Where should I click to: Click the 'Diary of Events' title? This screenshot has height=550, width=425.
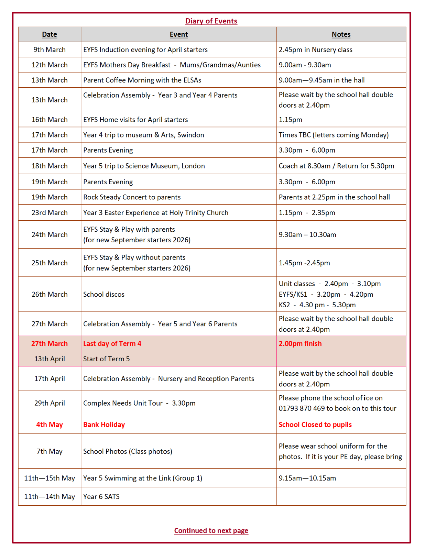(x=211, y=21)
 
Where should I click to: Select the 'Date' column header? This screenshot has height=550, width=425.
(x=50, y=34)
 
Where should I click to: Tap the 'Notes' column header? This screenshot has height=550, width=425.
(x=341, y=34)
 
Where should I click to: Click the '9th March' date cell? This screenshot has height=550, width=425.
(x=50, y=49)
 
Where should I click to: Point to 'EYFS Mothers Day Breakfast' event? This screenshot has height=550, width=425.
(x=127, y=65)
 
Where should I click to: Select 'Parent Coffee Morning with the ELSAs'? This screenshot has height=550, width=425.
(x=142, y=80)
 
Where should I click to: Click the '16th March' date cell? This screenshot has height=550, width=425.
(x=50, y=120)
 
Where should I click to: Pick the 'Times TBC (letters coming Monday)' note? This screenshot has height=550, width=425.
(x=334, y=135)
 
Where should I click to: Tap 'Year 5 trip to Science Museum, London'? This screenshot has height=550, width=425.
(x=144, y=166)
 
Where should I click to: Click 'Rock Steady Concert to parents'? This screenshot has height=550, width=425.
(x=132, y=197)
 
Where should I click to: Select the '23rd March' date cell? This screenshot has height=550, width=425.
(x=50, y=212)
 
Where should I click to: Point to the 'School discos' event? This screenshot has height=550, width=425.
(x=104, y=294)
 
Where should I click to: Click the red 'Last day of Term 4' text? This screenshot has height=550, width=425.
(x=112, y=343)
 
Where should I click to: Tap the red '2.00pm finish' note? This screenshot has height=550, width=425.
(x=300, y=343)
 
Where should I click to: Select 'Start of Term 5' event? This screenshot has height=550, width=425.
(x=106, y=359)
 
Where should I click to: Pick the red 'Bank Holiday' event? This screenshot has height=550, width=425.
(x=104, y=425)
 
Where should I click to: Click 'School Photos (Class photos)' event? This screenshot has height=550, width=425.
(x=128, y=451)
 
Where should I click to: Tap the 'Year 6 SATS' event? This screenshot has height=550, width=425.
(x=101, y=496)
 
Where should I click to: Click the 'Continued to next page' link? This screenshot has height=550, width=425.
(x=211, y=530)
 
